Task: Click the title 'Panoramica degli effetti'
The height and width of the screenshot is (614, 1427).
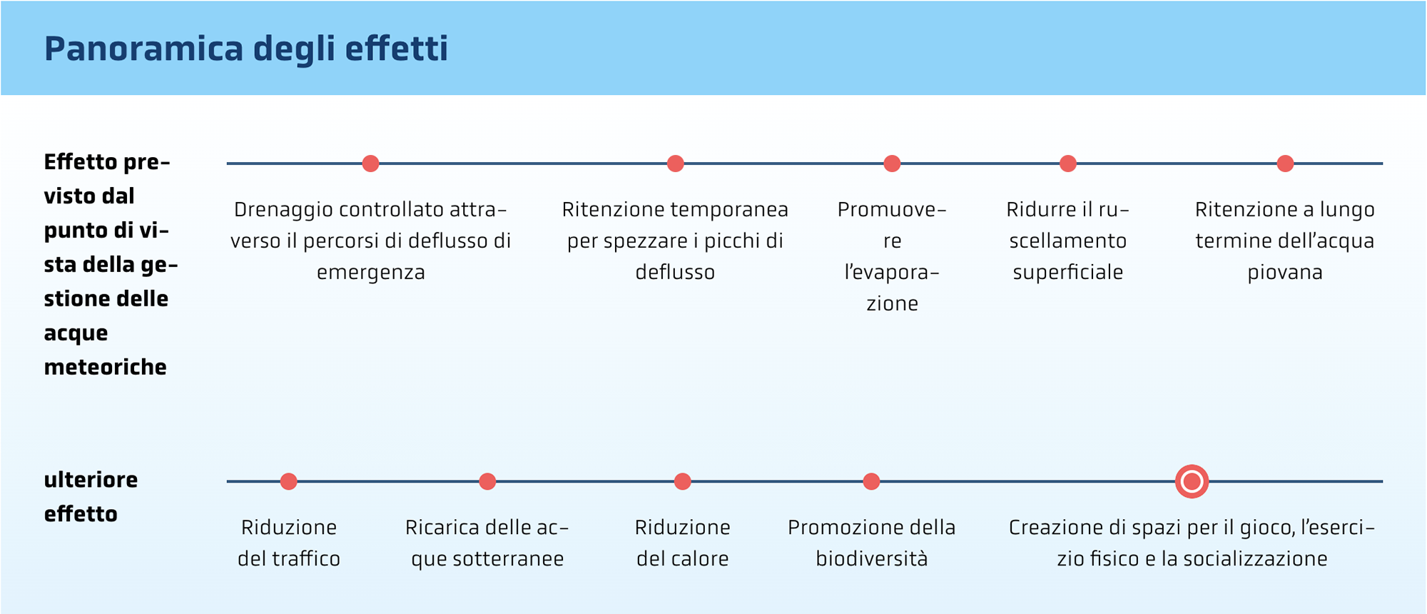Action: point(246,49)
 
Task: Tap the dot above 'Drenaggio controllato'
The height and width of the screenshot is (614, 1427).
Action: point(370,163)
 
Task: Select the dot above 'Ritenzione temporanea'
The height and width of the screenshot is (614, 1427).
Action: point(675,163)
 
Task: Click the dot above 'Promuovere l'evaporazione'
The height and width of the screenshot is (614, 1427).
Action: point(892,163)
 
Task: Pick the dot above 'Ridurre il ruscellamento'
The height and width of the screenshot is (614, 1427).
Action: point(1067,163)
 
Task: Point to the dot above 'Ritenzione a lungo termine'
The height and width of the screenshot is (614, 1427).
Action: point(1285,163)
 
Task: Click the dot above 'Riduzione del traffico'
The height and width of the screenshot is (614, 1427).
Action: point(288,481)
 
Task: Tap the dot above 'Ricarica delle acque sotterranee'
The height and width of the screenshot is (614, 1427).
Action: point(487,481)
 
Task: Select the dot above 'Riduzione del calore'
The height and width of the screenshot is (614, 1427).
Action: point(682,481)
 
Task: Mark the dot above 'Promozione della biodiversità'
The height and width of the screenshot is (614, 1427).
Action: point(871,481)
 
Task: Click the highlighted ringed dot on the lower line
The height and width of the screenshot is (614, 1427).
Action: point(1192,481)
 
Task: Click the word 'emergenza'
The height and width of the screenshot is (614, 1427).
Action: point(370,273)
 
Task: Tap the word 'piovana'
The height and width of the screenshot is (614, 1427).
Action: point(1285,273)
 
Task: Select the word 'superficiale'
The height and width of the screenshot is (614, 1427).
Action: point(1067,273)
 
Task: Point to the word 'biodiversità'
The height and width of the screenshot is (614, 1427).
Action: point(871,559)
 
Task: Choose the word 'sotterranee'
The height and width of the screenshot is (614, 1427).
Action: point(507,559)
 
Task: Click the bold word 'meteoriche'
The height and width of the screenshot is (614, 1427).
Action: point(105,367)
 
